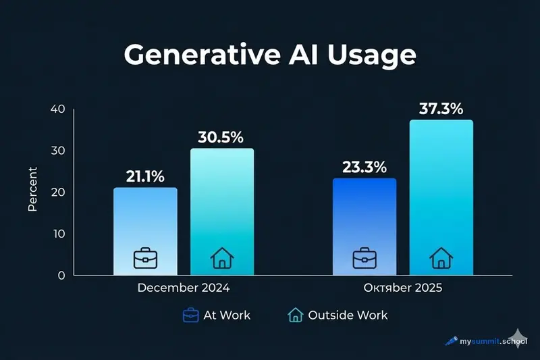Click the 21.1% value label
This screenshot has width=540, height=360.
(x=145, y=177)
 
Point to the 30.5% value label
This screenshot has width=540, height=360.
(x=221, y=137)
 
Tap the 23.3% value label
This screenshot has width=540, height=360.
(x=364, y=167)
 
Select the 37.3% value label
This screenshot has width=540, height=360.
(x=441, y=109)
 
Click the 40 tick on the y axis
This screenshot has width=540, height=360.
(x=57, y=109)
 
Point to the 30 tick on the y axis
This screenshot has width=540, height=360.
(x=57, y=151)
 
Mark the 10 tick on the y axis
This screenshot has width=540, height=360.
(x=58, y=234)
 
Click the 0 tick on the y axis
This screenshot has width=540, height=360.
(x=61, y=275)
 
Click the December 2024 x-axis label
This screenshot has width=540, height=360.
(x=183, y=288)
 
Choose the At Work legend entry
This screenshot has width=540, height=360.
(x=217, y=315)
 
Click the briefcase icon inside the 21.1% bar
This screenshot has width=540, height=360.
(x=145, y=257)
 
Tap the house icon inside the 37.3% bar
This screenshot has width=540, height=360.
(x=441, y=257)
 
